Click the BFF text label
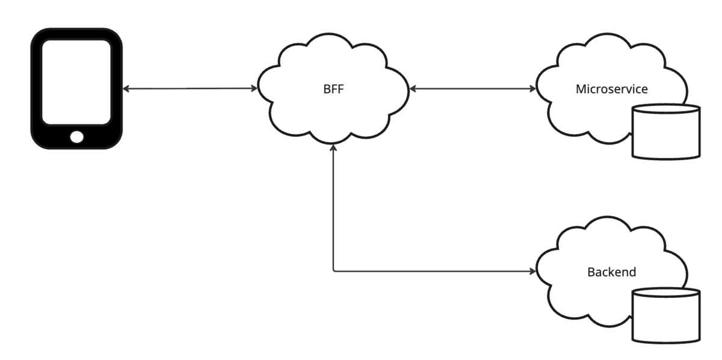tap(333, 89)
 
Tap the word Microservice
tap(611, 89)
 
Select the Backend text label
tap(611, 272)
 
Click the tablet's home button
tap(77, 137)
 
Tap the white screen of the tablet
tap(76, 82)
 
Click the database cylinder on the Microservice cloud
tap(666, 132)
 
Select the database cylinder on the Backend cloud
tap(666, 315)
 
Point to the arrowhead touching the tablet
tap(126, 88)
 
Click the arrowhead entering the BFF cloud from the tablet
tap(255, 88)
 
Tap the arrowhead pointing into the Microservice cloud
tap(533, 88)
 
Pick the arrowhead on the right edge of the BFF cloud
tap(412, 88)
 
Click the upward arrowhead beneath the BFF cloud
tap(333, 147)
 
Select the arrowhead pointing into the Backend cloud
tap(533, 272)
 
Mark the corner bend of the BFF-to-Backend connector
tap(333, 272)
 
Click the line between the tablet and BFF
tap(190, 88)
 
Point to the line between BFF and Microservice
tap(473, 88)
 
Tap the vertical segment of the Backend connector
tap(333, 208)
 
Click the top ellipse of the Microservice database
tap(666, 109)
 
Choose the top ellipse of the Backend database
tap(666, 293)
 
